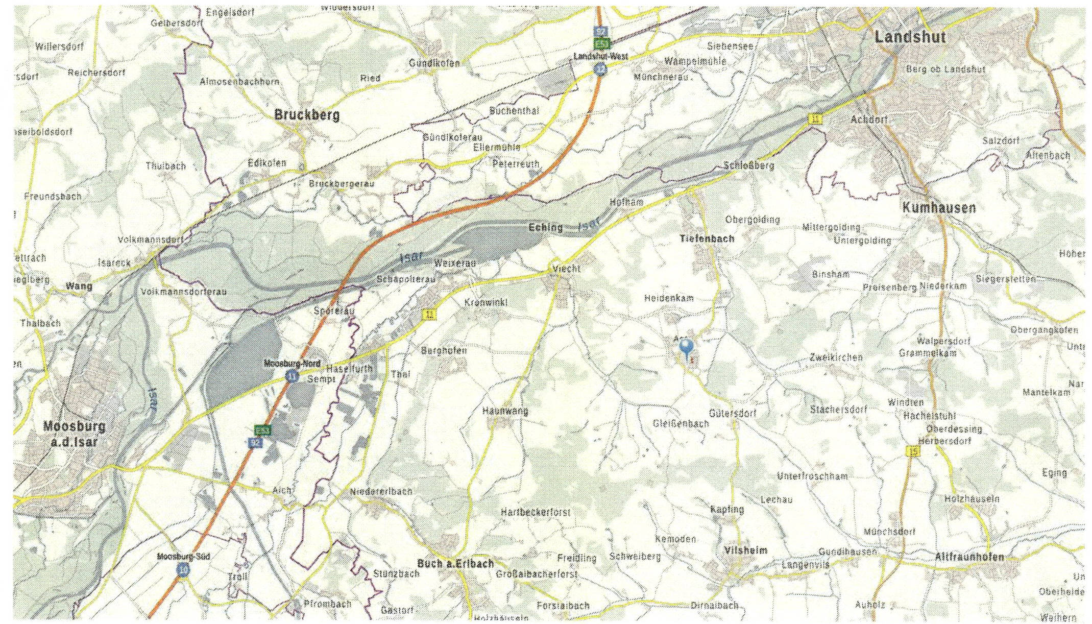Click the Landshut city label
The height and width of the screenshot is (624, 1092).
[910, 37]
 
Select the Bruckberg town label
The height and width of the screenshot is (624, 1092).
[307, 115]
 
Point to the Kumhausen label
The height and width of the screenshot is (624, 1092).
[939, 208]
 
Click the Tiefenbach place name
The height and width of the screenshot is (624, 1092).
[707, 238]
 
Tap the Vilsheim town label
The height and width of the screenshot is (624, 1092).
[745, 550]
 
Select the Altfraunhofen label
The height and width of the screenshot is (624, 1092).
[969, 557]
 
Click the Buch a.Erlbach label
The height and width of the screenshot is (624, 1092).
[455, 563]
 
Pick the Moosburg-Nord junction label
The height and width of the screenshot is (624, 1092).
[292, 364]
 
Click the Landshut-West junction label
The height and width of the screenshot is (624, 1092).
[600, 57]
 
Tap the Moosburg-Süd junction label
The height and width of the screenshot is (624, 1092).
[183, 557]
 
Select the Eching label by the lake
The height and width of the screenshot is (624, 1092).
[545, 227]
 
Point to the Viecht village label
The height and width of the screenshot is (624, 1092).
[566, 269]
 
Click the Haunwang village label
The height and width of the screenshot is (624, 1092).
[505, 411]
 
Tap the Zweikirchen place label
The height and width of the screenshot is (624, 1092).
[836, 357]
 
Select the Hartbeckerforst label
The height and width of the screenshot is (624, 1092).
[535, 512]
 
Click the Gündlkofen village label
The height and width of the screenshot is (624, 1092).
[434, 63]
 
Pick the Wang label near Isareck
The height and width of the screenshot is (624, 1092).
[79, 286]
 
